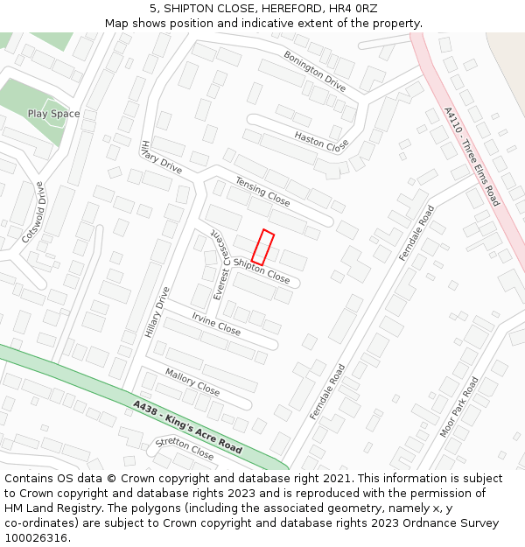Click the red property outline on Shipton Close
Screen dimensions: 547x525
(x=263, y=248)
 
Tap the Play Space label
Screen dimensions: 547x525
(x=53, y=114)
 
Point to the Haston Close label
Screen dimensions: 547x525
(x=321, y=140)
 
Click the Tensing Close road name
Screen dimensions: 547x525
(x=262, y=191)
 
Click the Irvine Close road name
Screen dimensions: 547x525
(x=216, y=325)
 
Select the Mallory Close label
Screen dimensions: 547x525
(x=192, y=382)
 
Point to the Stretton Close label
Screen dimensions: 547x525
(x=185, y=449)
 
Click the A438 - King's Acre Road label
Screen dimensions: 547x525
(x=188, y=427)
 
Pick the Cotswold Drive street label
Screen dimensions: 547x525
(x=33, y=213)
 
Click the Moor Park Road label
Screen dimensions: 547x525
(x=459, y=407)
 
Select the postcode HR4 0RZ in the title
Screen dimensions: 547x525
(x=353, y=9)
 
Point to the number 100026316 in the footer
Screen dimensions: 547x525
(x=37, y=538)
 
